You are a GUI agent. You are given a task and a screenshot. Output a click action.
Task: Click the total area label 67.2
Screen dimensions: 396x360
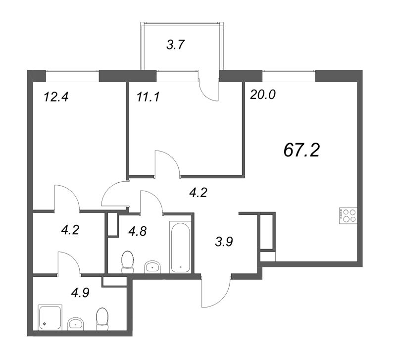[x=301, y=150]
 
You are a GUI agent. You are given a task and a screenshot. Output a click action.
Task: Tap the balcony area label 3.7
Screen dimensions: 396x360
[x=176, y=45]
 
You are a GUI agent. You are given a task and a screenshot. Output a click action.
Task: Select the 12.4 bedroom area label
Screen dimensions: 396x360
[x=56, y=97]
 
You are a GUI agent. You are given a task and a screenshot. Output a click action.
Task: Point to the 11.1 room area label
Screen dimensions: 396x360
[x=148, y=97]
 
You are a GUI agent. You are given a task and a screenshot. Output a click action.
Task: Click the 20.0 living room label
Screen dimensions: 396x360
[x=263, y=95]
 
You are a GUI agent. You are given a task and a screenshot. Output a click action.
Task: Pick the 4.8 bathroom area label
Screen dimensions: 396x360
[x=138, y=231]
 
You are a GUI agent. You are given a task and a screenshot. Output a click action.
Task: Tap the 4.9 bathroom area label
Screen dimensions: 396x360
[x=80, y=293]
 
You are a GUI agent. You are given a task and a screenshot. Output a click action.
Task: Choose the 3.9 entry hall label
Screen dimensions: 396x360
[x=224, y=242]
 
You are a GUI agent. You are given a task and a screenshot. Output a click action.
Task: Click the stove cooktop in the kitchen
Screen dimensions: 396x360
[x=348, y=216]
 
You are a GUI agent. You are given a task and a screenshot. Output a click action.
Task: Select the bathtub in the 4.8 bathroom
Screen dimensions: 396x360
[x=180, y=248]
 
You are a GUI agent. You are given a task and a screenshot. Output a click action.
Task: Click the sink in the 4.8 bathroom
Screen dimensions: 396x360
[x=152, y=267]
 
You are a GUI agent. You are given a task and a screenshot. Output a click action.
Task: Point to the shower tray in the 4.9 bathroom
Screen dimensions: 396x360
[x=50, y=317]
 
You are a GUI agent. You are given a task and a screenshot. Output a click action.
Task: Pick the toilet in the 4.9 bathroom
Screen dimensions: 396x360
[x=102, y=319]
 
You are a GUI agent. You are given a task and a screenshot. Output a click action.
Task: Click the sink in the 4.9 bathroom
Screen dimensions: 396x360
[x=76, y=324]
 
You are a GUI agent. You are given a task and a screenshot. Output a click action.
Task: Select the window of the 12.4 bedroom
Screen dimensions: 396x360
[x=72, y=76]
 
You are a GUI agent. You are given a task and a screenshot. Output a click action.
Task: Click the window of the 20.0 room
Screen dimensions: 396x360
[x=289, y=76]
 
